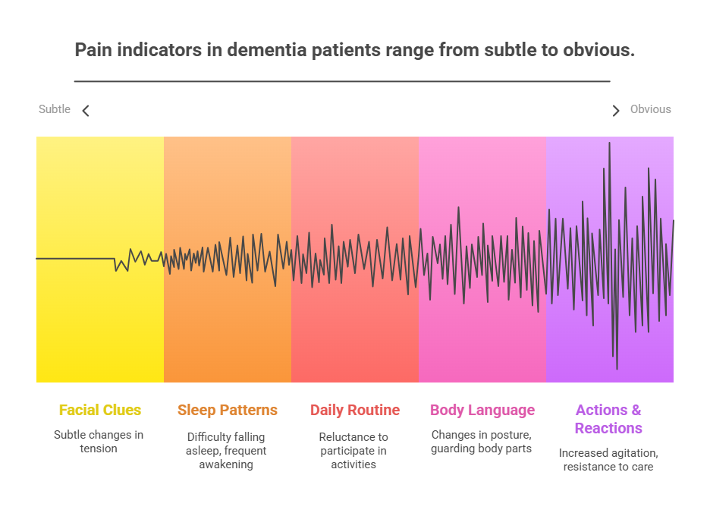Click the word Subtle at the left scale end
click(x=55, y=109)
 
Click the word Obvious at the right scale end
click(x=650, y=109)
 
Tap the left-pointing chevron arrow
click(x=86, y=111)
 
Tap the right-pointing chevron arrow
click(x=615, y=111)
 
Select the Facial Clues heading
click(x=100, y=410)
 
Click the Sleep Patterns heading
click(x=228, y=410)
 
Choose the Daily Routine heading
click(x=355, y=410)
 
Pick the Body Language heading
click(x=482, y=410)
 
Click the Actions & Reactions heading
click(x=608, y=419)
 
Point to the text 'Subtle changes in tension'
click(x=99, y=442)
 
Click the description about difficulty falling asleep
click(x=226, y=451)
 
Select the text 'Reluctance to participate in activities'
click(x=353, y=451)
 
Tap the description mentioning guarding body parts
click(x=482, y=442)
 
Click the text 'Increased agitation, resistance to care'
click(x=608, y=460)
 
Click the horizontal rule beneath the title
click(x=342, y=81)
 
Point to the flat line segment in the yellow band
click(x=76, y=259)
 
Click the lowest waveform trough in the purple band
click(x=617, y=368)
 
